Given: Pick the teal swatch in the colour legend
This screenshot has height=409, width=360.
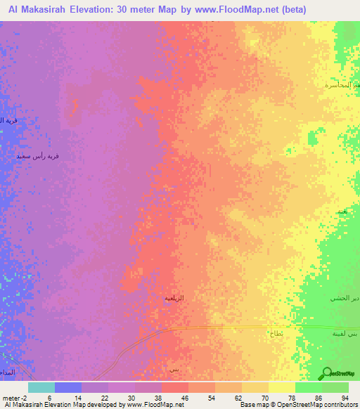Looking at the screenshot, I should click(41, 387).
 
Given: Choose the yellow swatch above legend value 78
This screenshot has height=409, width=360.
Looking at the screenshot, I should click(282, 387).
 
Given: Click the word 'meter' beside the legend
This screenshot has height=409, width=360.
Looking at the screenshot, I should click(12, 398).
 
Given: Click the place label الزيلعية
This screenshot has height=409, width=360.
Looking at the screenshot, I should click(174, 299).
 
